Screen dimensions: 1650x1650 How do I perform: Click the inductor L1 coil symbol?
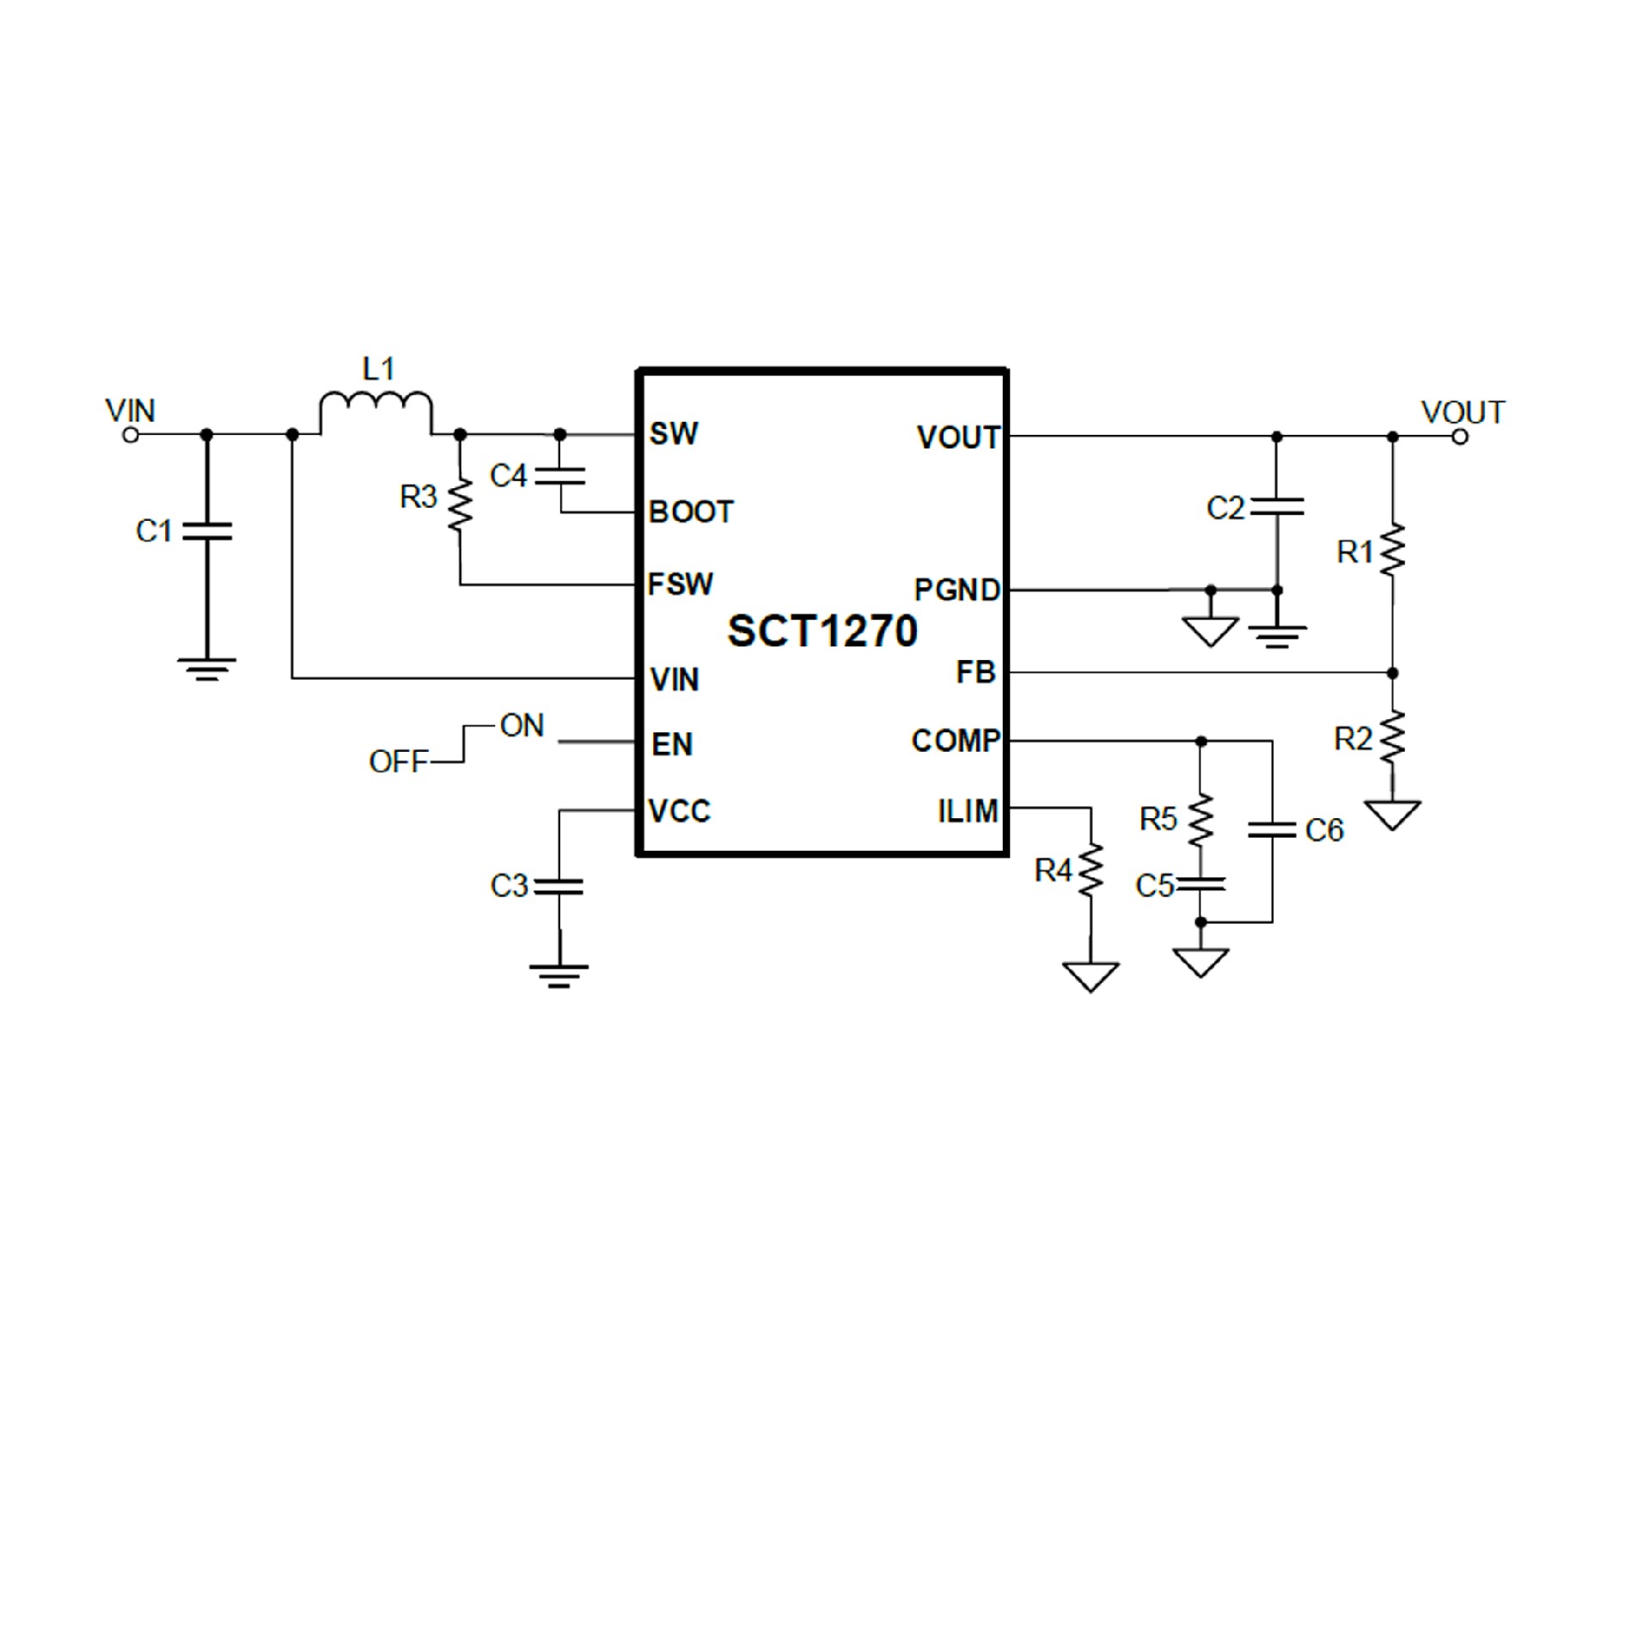click(x=376, y=411)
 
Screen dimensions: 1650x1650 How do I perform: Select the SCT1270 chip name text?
click(x=822, y=632)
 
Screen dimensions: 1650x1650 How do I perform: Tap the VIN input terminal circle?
click(x=131, y=435)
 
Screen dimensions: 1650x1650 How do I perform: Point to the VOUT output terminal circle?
click(x=1459, y=437)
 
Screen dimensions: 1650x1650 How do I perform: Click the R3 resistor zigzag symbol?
click(x=461, y=506)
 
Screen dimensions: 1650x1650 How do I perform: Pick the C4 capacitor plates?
click(x=559, y=476)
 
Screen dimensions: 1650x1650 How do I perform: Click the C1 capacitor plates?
click(x=207, y=531)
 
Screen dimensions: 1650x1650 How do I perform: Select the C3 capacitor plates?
click(x=559, y=886)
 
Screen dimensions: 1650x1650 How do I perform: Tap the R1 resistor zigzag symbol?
click(x=1392, y=551)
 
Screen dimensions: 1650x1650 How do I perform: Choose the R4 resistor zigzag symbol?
click(x=1091, y=871)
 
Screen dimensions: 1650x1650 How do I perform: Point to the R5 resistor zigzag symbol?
click(x=1201, y=818)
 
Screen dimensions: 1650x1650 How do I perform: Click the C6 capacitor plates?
click(x=1272, y=830)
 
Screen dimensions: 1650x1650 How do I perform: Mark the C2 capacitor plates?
click(x=1277, y=507)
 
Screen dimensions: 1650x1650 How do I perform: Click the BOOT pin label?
click(x=690, y=512)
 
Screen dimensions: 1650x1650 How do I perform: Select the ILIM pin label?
click(x=968, y=811)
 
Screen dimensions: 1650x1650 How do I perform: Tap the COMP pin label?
click(x=956, y=741)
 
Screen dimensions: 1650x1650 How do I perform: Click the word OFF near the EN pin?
click(x=398, y=761)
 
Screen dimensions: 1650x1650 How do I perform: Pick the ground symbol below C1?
click(x=206, y=668)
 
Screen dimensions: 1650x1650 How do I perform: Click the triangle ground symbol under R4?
click(x=1091, y=976)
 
